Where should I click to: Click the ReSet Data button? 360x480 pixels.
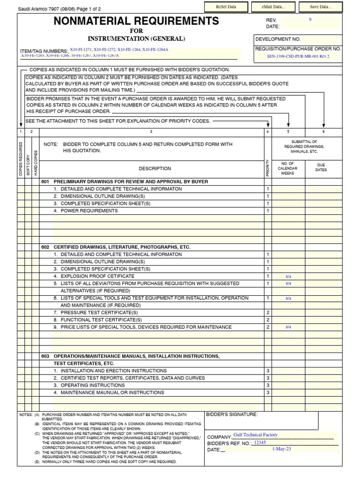tap(226, 7)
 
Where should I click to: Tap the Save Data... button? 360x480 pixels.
tap(321, 7)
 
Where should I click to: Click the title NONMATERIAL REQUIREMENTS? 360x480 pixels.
tap(136, 21)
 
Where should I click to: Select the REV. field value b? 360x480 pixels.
tap(310, 20)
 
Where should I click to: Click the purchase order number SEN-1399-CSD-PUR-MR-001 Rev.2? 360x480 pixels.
tap(298, 57)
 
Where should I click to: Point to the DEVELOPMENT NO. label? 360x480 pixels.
tap(278, 39)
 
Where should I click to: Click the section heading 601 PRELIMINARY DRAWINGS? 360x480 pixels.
tap(125, 181)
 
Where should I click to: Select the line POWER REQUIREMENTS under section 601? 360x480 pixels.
tap(89, 211)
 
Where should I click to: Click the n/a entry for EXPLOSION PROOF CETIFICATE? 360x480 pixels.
tap(288, 277)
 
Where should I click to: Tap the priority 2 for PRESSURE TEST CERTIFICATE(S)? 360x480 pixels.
tap(268, 313)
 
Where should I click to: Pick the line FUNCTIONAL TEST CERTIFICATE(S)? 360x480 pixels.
tap(101, 320)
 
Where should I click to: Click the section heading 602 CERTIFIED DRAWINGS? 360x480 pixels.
tap(116, 247)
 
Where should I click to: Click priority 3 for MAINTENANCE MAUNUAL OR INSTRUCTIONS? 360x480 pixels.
tap(268, 393)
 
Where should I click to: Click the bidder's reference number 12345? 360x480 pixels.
tap(260, 442)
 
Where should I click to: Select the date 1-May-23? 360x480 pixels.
tap(282, 449)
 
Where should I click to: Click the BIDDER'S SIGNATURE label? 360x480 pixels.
tap(232, 414)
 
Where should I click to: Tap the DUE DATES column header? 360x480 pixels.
tap(321, 168)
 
